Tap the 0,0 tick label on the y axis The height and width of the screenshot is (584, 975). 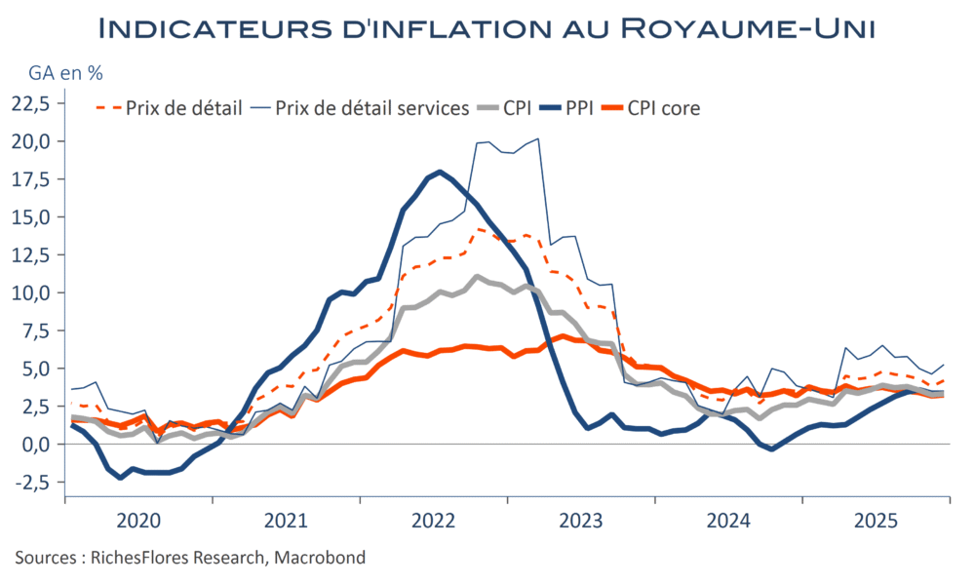[36, 444]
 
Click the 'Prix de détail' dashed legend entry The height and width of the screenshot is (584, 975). [183, 107]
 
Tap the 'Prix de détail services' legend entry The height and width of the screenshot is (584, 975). [372, 107]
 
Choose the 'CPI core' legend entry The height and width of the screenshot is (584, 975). [664, 107]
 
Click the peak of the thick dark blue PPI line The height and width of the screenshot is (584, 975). [440, 172]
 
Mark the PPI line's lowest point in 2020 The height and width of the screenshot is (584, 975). [120, 478]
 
